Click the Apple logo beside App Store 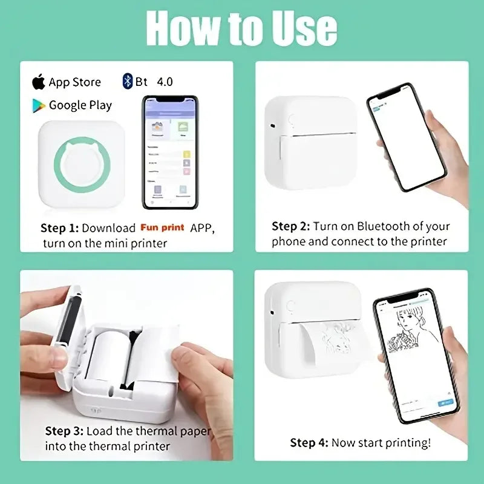point(39,81)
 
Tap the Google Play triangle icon point(39,105)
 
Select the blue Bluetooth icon point(127,81)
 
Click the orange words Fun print point(163,228)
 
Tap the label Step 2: point(290,226)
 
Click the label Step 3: point(64,431)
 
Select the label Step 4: point(310,443)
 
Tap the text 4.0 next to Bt point(165,81)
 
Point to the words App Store point(75,82)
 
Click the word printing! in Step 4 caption point(407,443)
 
